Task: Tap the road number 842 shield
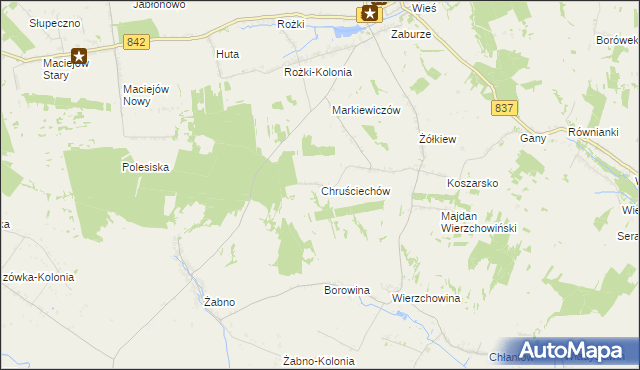click(x=138, y=41)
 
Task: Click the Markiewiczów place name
click(x=366, y=111)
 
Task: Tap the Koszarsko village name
click(x=472, y=184)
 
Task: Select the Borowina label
click(x=347, y=290)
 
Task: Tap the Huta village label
click(x=227, y=54)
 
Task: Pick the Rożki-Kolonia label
click(x=318, y=72)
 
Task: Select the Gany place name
click(x=531, y=138)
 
